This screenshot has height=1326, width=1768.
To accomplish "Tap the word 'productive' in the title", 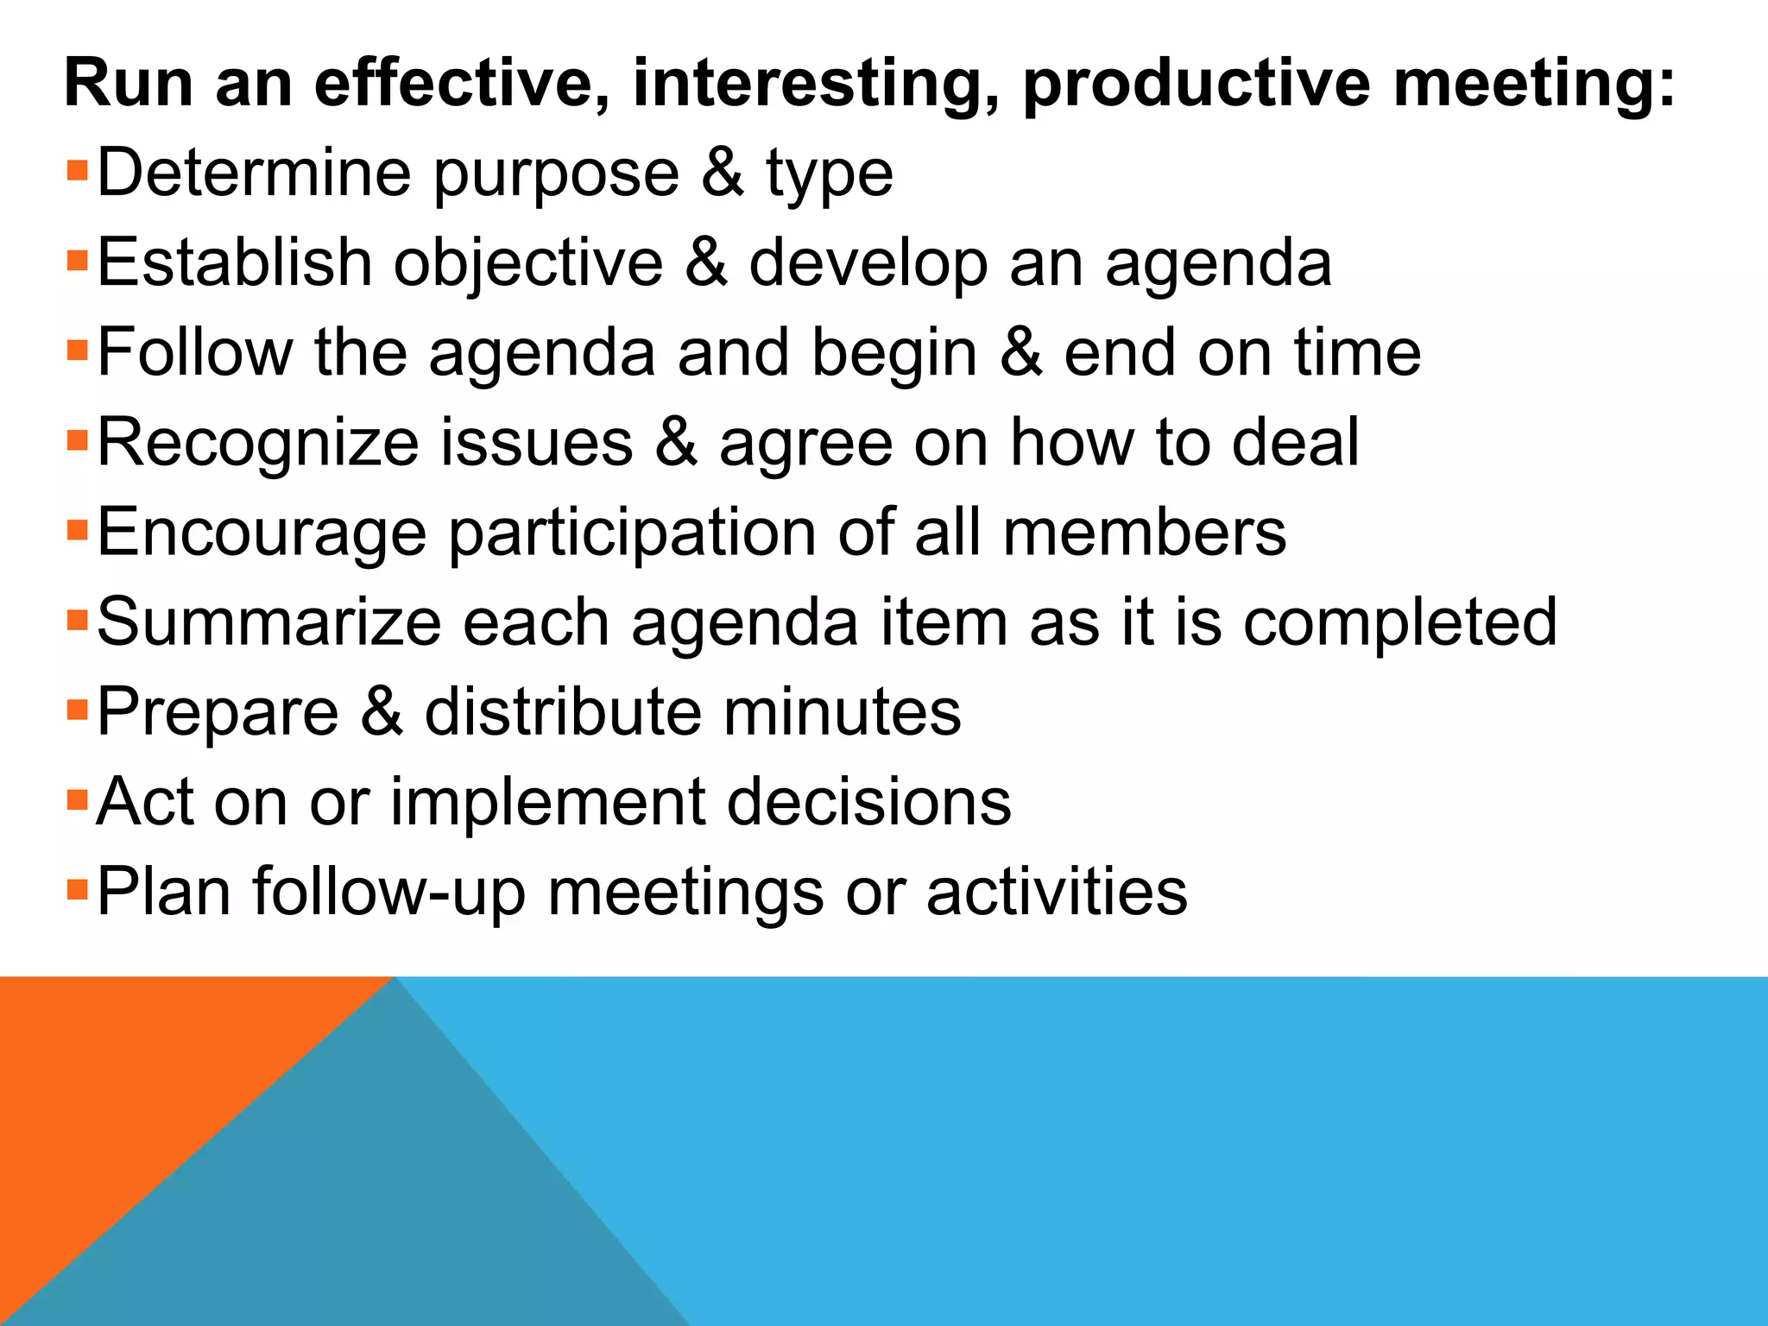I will [x=1197, y=84].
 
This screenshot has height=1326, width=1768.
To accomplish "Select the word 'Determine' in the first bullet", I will [x=255, y=174].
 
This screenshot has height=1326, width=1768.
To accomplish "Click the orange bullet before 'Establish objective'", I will [x=78, y=258].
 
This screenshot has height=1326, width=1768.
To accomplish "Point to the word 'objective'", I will [x=528, y=263].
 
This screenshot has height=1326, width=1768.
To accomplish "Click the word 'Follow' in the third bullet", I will [x=195, y=353].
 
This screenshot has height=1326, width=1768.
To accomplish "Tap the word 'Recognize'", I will [x=258, y=443].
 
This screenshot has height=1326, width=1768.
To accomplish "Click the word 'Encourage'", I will [x=262, y=533].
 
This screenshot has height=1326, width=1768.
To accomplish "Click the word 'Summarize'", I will [x=268, y=622].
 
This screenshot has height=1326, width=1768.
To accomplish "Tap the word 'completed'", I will [x=1399, y=622].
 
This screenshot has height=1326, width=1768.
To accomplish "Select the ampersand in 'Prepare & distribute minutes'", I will [x=382, y=712].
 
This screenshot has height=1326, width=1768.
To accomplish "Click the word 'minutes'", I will [x=842, y=712].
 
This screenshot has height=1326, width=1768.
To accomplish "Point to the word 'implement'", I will [x=547, y=802].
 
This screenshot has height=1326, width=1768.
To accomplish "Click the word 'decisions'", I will [x=868, y=802].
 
